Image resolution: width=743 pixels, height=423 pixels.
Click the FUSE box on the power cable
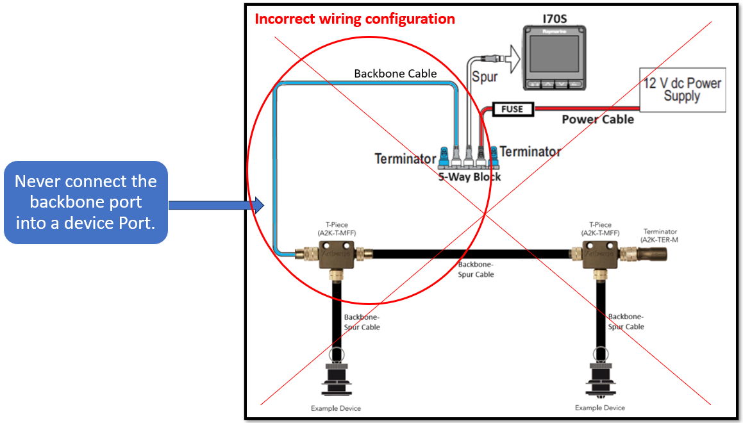512,109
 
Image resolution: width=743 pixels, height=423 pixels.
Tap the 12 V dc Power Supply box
682,90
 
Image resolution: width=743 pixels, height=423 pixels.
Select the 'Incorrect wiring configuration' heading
355,19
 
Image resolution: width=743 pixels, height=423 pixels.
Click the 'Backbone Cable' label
396,74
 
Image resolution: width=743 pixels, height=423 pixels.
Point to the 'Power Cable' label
597,119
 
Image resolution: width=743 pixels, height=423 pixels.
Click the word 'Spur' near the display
485,78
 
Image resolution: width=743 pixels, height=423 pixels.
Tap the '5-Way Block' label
470,176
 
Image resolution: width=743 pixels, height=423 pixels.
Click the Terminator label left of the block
405,158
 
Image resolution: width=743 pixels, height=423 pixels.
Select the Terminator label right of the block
530,152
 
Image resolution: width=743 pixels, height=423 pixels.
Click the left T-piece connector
333,255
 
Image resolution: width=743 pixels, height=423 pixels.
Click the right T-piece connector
601,255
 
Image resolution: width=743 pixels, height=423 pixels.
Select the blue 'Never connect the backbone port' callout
86,202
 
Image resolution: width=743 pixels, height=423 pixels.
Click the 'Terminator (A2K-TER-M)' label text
660,235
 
